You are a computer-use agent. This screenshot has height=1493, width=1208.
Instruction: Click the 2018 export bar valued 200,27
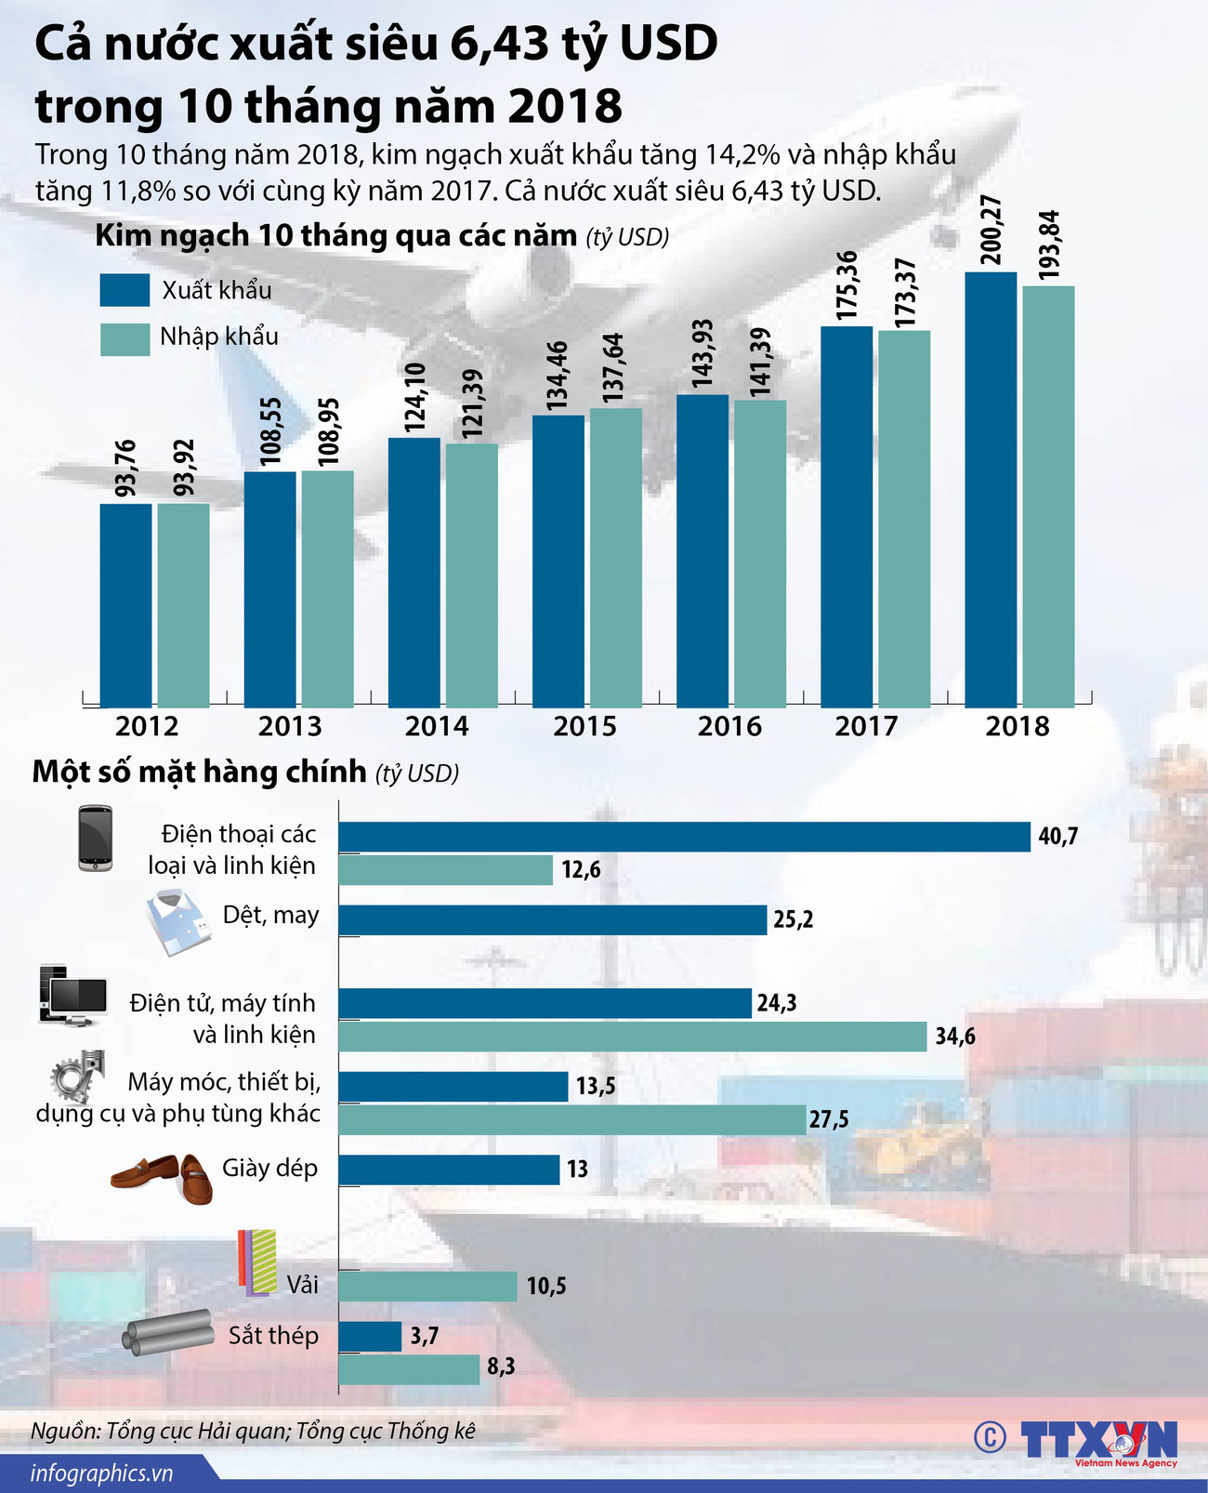tap(991, 490)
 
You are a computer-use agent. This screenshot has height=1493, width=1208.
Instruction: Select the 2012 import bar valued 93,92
tap(183, 605)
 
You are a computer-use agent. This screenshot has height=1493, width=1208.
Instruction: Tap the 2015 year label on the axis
tap(584, 726)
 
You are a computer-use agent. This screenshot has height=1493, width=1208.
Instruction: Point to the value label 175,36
tap(847, 285)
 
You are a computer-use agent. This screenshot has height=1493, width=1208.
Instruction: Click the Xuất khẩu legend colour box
tap(125, 290)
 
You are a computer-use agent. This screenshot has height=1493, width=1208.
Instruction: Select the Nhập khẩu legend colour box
tap(125, 338)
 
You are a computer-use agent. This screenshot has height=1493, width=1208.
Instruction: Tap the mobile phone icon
tap(95, 838)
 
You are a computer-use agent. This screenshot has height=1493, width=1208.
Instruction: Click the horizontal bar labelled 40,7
tap(684, 837)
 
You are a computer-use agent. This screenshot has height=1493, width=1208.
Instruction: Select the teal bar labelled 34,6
tap(632, 1037)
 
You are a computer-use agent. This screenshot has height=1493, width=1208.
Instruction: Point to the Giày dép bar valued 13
tap(449, 1169)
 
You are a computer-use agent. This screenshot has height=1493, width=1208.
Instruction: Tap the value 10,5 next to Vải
tap(546, 1287)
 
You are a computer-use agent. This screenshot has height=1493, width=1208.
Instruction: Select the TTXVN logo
tap(1097, 1439)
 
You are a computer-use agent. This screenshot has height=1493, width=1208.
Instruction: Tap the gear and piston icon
tap(77, 1077)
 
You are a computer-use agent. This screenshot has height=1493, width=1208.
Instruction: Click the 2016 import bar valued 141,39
tap(760, 554)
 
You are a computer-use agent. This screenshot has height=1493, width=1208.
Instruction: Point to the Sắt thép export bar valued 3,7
tap(370, 1336)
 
